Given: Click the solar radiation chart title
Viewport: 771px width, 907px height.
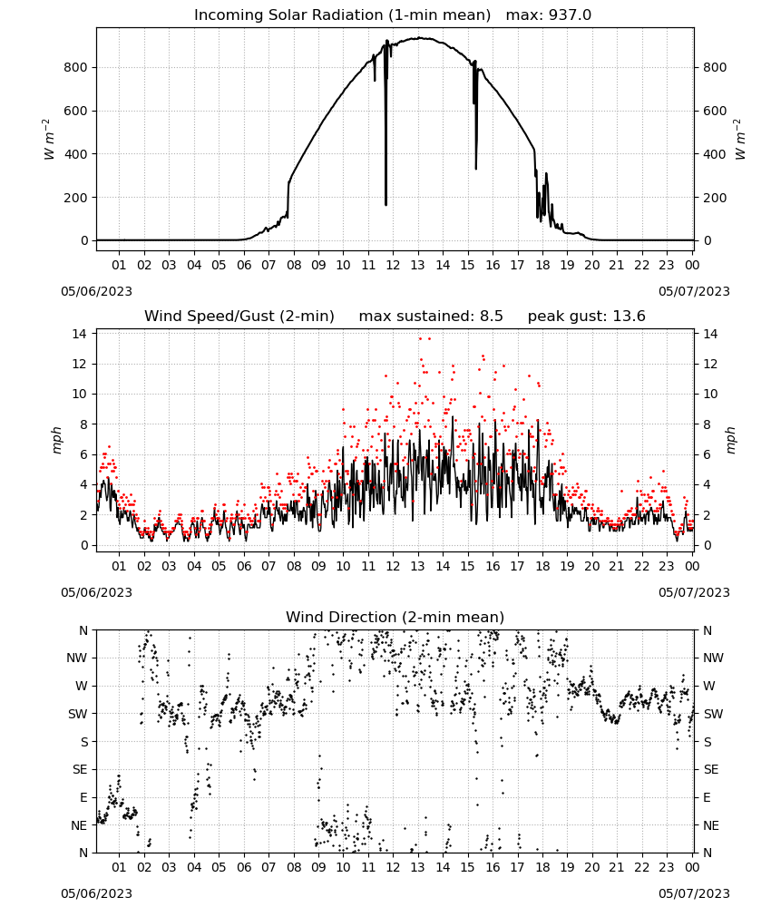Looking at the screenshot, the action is (x=393, y=15).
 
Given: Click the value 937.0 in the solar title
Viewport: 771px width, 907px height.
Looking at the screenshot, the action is (x=570, y=15).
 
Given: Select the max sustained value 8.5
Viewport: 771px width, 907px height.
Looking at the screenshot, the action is (x=491, y=316).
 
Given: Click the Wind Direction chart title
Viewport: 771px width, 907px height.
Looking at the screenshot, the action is (x=395, y=617).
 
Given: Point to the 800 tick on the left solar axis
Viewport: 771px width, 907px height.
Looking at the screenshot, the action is (x=76, y=67).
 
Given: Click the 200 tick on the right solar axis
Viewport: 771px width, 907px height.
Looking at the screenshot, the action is (x=715, y=197).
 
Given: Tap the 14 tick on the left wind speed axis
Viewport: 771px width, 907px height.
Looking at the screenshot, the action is (x=79, y=334).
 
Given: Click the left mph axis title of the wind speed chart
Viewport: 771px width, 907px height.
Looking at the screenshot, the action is (x=56, y=440).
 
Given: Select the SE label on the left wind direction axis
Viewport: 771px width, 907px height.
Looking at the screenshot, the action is (x=80, y=769).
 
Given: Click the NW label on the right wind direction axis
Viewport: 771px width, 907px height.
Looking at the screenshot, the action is (x=713, y=658).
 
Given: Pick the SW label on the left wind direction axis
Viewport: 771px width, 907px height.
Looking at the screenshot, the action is (x=77, y=714).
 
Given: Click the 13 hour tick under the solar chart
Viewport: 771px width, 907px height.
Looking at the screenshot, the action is (x=417, y=265).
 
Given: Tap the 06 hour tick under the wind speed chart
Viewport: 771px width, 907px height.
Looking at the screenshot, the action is (x=243, y=566).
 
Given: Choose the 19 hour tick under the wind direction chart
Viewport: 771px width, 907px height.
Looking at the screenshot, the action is (x=567, y=867).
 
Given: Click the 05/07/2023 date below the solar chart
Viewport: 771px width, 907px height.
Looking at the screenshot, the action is (x=694, y=291).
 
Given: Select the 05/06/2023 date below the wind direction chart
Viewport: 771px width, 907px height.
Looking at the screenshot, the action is (x=96, y=893).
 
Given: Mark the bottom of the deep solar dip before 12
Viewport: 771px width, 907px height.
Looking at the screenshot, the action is (x=385, y=204).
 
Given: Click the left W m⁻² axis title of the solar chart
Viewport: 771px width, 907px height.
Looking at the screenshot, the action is (x=49, y=140).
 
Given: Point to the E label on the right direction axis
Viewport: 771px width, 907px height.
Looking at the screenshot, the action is (x=707, y=797).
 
